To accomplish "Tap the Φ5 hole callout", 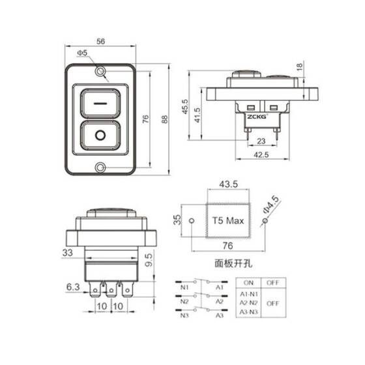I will (82, 52).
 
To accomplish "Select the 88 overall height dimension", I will (164, 119).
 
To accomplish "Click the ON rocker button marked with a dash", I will (100, 103).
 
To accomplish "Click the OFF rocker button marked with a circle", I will (100, 136).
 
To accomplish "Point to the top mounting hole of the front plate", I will (100, 71).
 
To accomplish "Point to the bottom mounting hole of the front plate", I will (100, 168).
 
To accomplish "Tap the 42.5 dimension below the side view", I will (261, 155).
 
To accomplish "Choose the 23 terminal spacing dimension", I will (260, 141).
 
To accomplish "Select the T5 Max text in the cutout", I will (227, 221).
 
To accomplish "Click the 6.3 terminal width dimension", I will (73, 285).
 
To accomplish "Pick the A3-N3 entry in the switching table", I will (248, 312).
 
